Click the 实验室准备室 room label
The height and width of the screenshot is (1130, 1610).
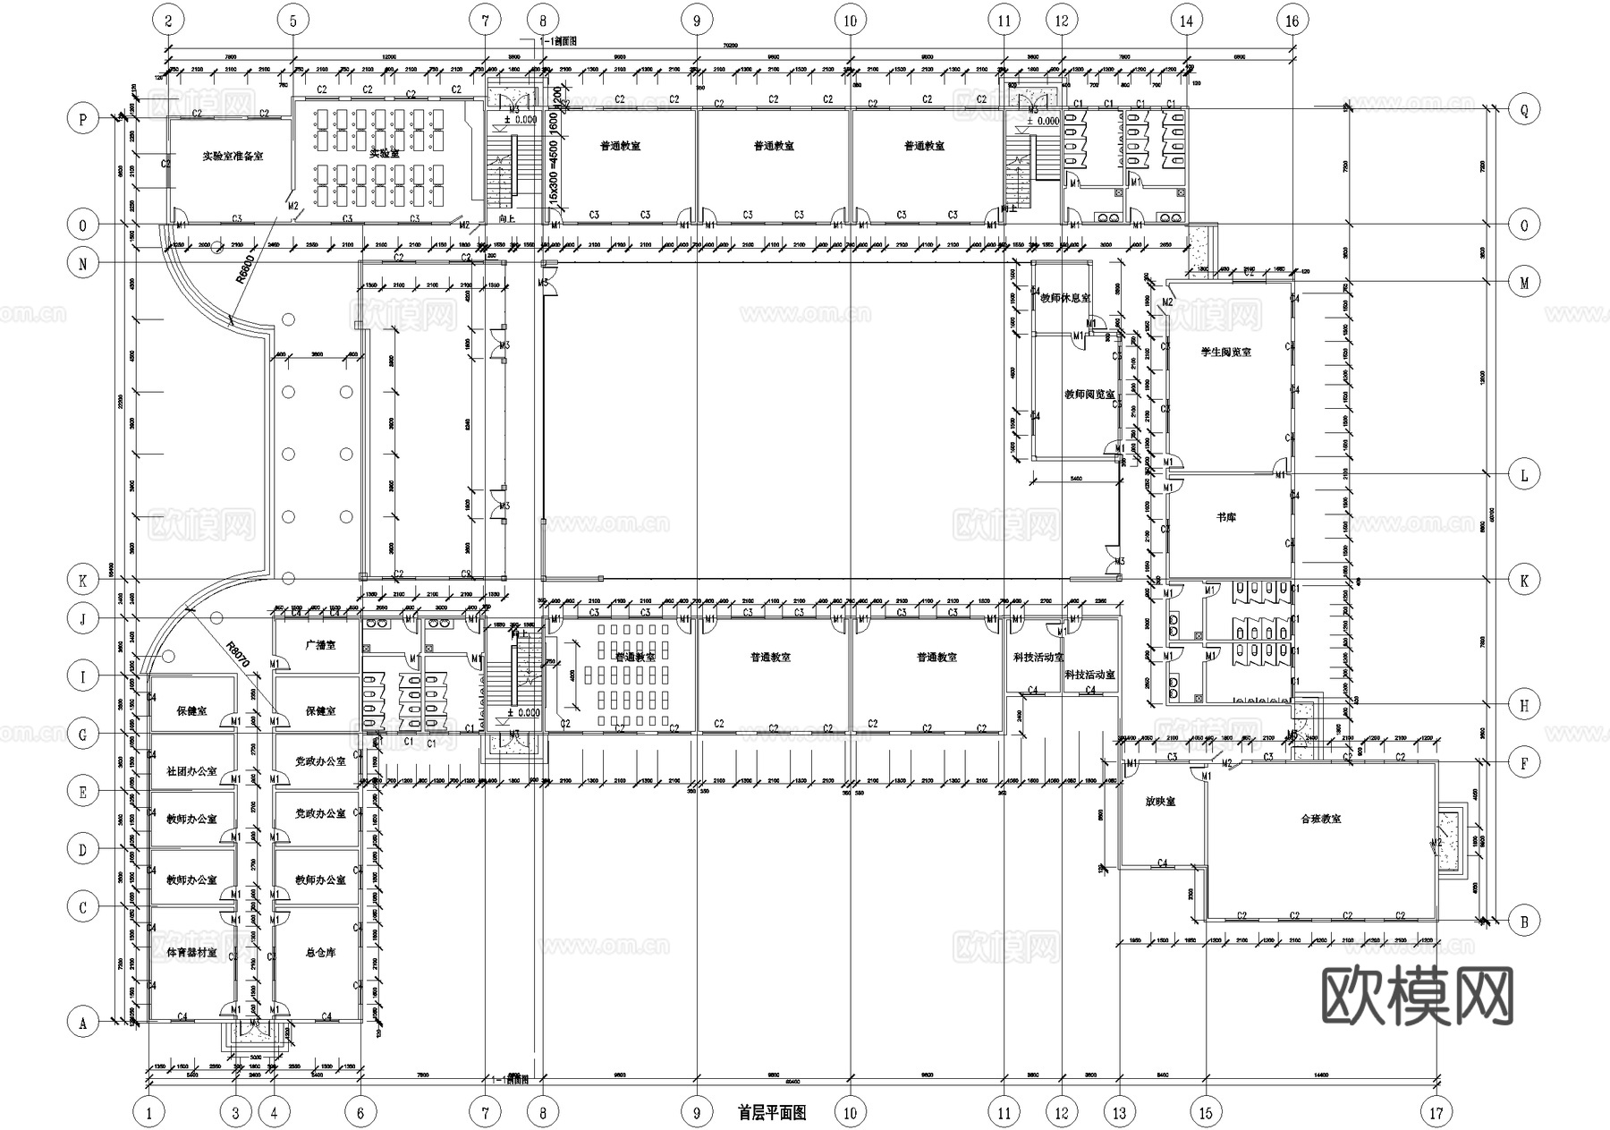click(233, 156)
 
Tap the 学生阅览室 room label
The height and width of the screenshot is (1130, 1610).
click(1225, 353)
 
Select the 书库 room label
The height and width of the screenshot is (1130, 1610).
click(1225, 518)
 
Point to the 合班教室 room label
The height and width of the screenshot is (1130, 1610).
click(1320, 819)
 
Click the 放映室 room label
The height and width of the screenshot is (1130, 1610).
click(1160, 802)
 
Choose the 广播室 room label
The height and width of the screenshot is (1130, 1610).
click(320, 644)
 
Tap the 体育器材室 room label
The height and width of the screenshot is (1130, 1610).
click(192, 953)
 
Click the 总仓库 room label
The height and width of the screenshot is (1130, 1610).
click(320, 953)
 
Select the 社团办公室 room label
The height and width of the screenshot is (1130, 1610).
click(192, 770)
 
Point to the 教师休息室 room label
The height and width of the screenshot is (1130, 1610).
click(1065, 298)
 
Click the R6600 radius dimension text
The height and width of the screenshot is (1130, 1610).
click(246, 268)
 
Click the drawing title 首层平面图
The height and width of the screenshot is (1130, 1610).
click(772, 1113)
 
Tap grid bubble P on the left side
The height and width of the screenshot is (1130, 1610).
click(83, 118)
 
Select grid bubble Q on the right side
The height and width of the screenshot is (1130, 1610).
click(1524, 110)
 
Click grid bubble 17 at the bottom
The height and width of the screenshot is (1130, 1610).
click(1436, 1113)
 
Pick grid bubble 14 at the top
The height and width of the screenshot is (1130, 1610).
click(1186, 20)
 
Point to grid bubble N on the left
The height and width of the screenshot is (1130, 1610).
click(83, 263)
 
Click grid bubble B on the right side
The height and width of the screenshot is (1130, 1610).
click(1524, 921)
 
